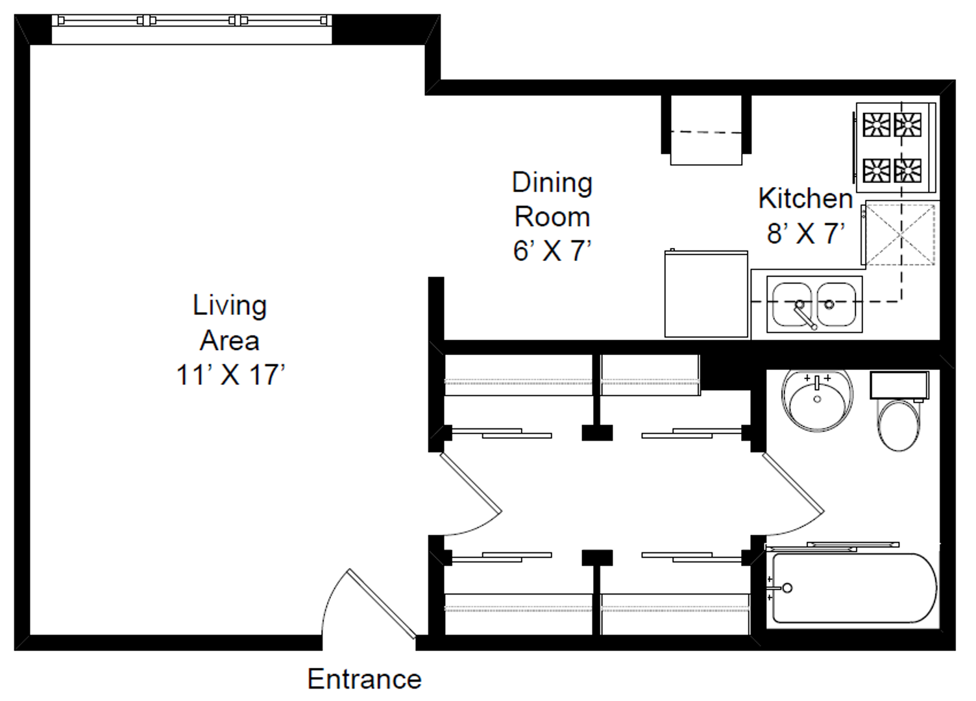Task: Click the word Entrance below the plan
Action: (x=364, y=679)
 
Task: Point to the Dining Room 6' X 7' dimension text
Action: (x=552, y=251)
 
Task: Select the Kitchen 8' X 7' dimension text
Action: (x=805, y=233)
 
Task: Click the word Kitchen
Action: (x=805, y=198)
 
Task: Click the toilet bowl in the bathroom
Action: (x=898, y=425)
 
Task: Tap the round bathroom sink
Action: (x=817, y=401)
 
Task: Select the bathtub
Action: (x=854, y=588)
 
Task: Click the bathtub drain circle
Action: (x=787, y=588)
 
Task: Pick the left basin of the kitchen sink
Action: (x=792, y=304)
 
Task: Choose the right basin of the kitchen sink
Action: (x=836, y=304)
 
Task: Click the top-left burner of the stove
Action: (x=877, y=125)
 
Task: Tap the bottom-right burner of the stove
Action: (x=908, y=170)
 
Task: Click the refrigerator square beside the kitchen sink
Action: (x=706, y=294)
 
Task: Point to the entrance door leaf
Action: (x=382, y=604)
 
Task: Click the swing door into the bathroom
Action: (x=793, y=483)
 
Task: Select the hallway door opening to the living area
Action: (x=471, y=483)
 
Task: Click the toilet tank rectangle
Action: (x=899, y=385)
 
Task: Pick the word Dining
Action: (x=552, y=183)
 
